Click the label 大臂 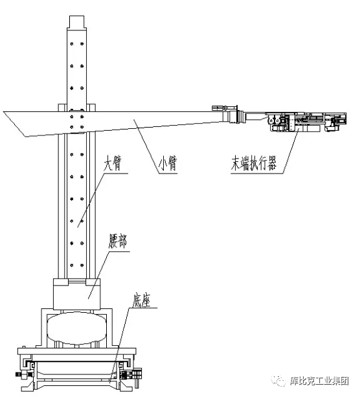point(113,164)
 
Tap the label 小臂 point(168,164)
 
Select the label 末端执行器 point(254,164)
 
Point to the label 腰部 point(118,242)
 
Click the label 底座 point(142,300)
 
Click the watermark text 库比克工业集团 point(319,381)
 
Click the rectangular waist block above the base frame point(76,294)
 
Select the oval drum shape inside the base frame point(76,328)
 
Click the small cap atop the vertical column point(76,21)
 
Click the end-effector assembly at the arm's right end point(307,122)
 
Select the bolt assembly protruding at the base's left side point(21,374)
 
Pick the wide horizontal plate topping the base point(76,351)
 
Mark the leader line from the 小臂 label point(147,146)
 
